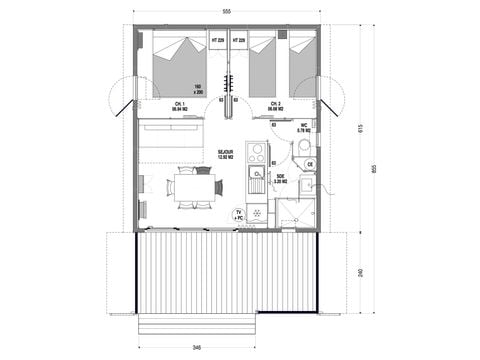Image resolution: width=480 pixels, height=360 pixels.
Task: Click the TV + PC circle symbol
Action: pos(239,215)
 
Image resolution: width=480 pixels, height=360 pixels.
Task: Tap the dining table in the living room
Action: pos(190,185)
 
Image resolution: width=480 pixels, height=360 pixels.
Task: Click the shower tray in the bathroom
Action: pos(293,213)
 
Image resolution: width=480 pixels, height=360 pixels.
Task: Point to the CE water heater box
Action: pos(310,164)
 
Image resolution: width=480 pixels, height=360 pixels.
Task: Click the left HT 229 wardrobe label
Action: pos(216,40)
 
